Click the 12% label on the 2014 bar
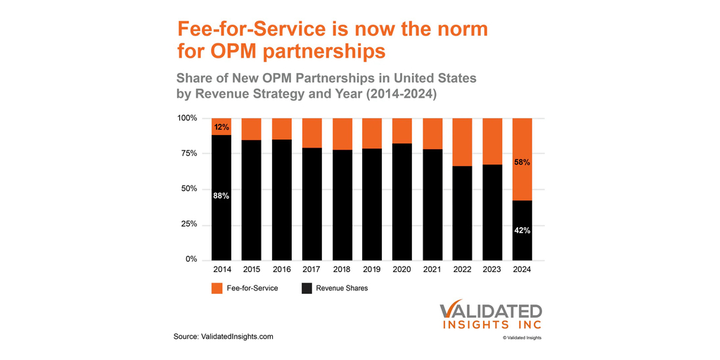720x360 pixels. (221, 127)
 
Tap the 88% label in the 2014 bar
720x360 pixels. (221, 196)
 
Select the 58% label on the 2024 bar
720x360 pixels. (522, 162)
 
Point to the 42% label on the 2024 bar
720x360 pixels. (522, 231)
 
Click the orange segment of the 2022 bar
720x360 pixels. (462, 142)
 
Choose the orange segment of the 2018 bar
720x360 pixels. (342, 134)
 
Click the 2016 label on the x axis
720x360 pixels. (282, 269)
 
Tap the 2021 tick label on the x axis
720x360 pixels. (432, 269)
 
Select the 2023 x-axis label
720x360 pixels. (492, 269)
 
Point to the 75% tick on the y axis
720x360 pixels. (189, 154)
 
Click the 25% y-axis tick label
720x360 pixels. (189, 224)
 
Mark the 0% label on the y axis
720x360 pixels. (192, 259)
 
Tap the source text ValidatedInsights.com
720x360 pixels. (224, 337)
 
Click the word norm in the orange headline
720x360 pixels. (456, 30)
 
